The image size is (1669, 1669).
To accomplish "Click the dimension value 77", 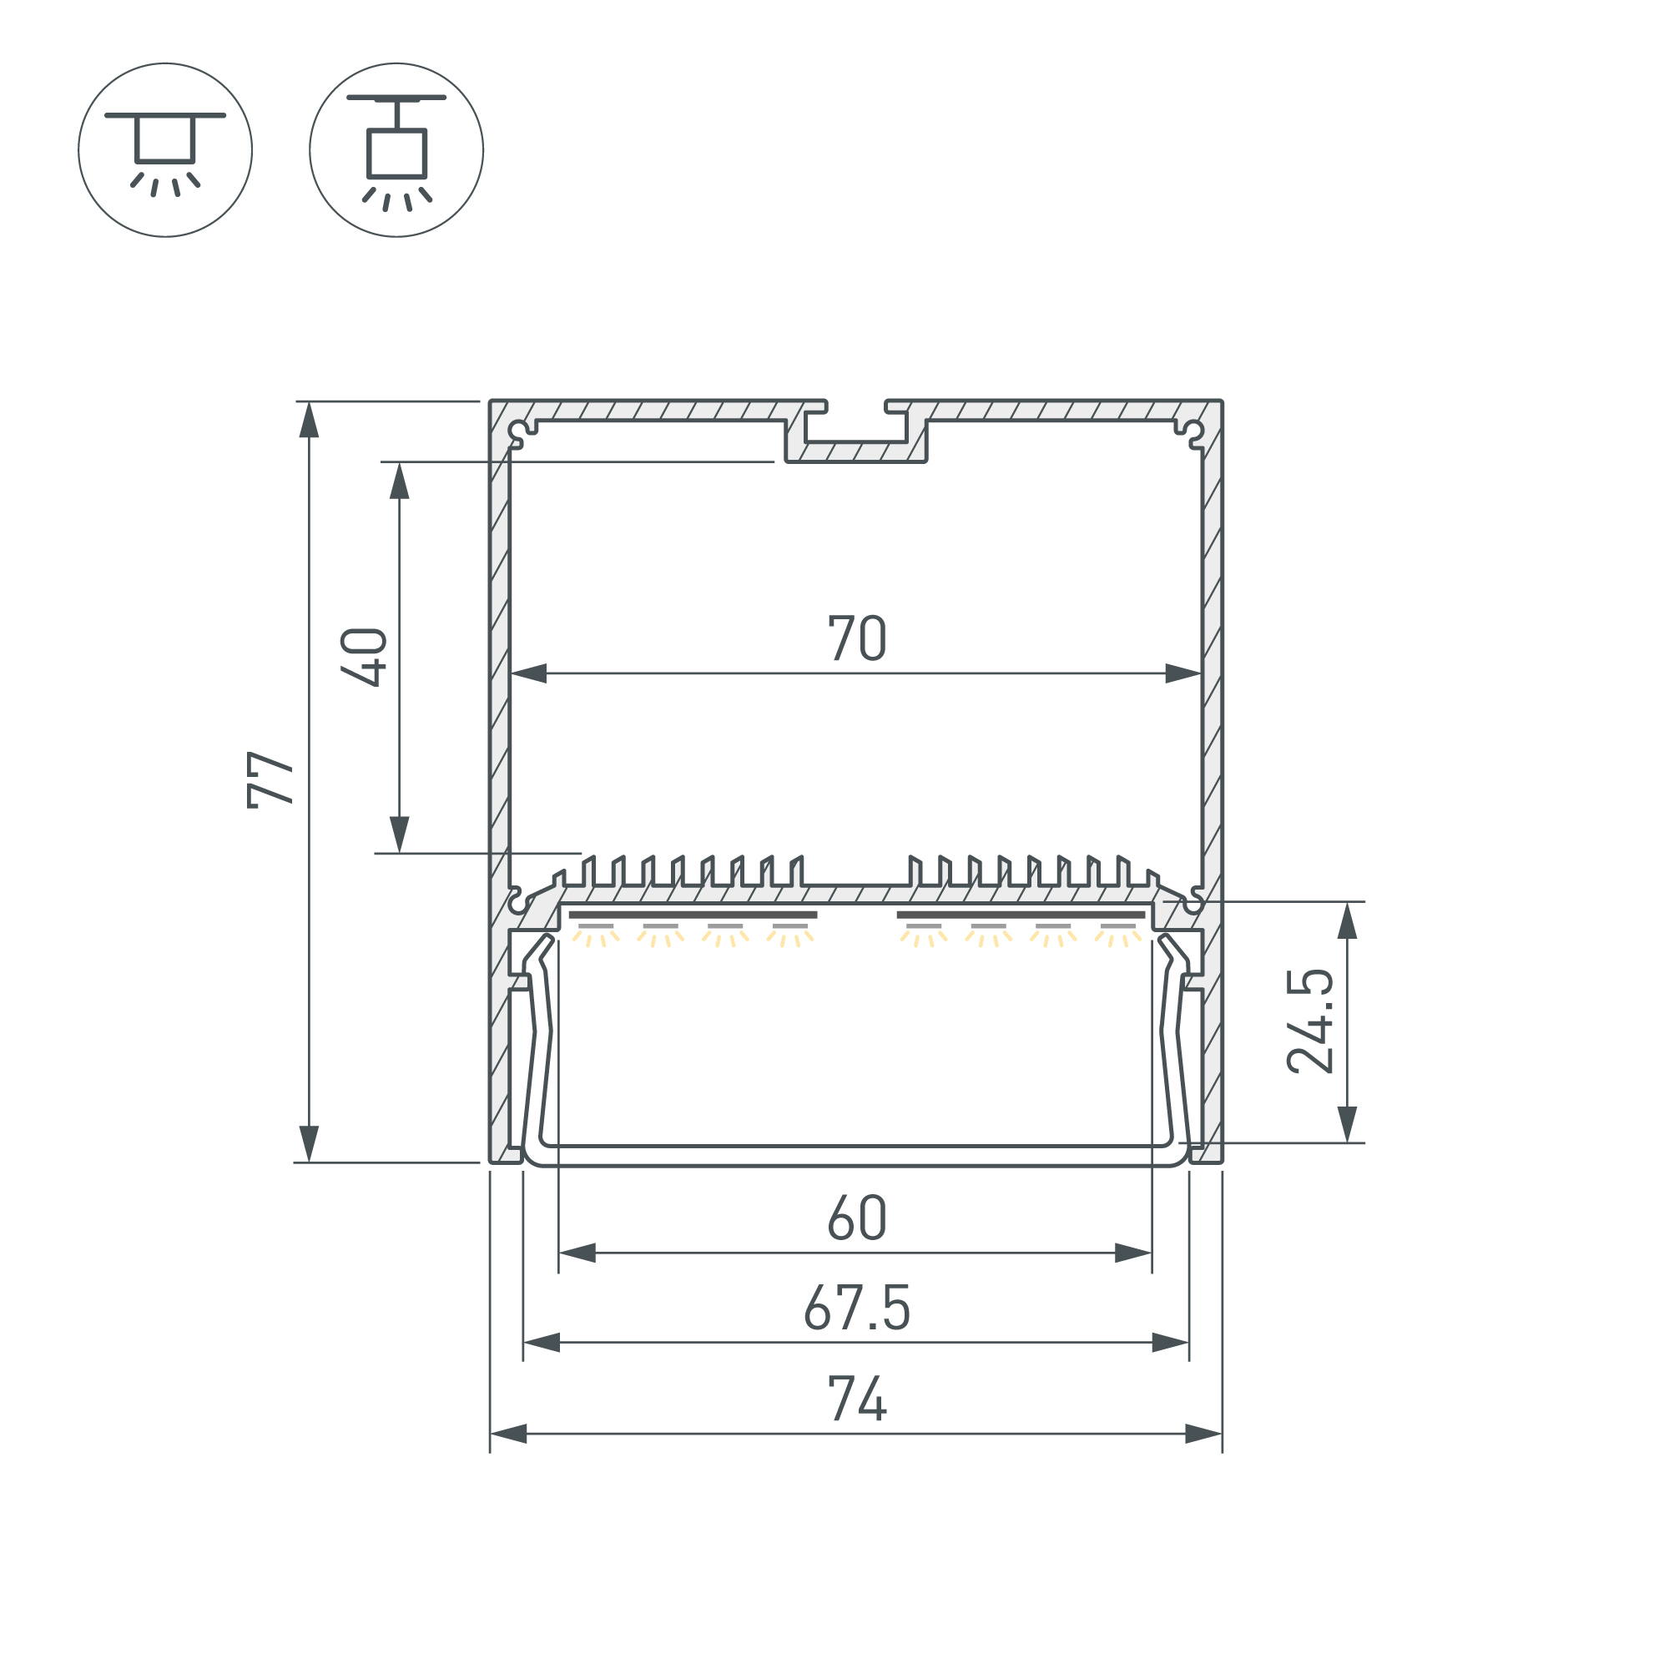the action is pyautogui.click(x=270, y=779).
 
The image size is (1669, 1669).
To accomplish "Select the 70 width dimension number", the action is pyautogui.click(x=857, y=638).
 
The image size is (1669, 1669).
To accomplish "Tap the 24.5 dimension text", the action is pyautogui.click(x=1309, y=1022).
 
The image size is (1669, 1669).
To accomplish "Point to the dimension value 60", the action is pyautogui.click(x=857, y=1219).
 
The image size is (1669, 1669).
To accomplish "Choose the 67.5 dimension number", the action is pyautogui.click(x=857, y=1308).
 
